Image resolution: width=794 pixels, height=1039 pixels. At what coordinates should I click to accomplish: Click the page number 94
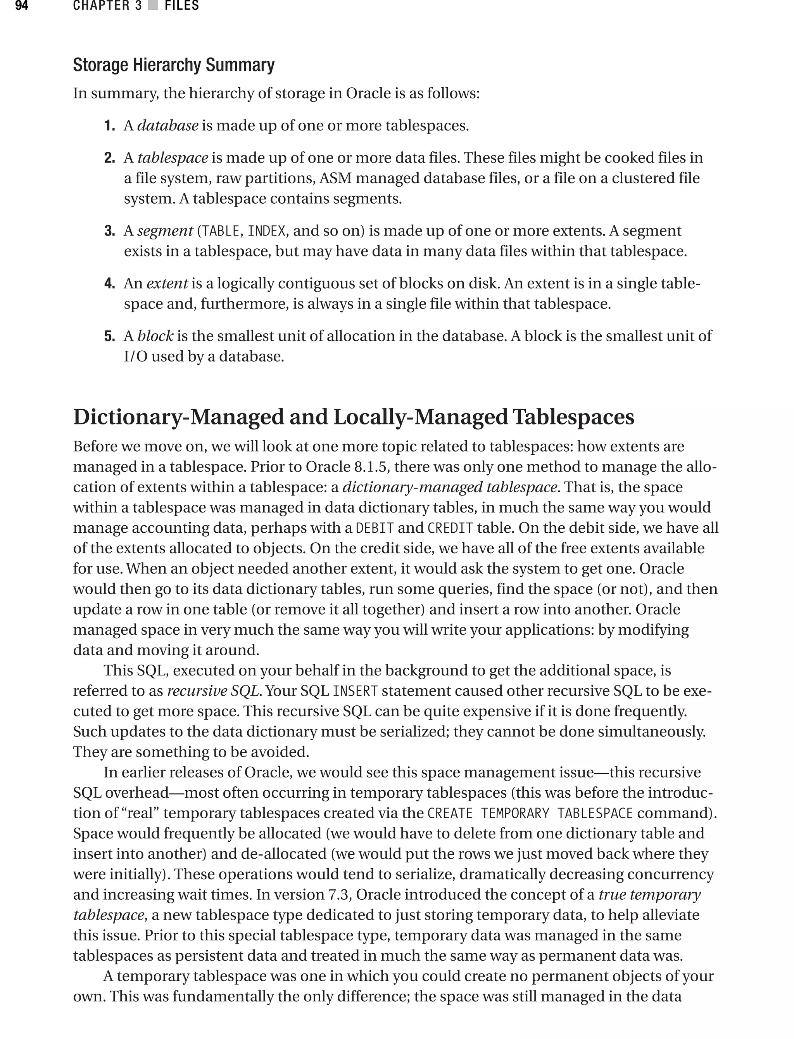(22, 6)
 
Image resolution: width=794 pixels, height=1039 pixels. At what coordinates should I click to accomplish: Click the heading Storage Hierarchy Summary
(173, 65)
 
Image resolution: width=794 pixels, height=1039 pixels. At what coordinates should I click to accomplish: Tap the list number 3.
(110, 231)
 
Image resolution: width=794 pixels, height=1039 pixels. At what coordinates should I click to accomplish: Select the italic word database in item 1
(167, 126)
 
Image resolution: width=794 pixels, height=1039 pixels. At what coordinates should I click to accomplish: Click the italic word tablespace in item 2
(173, 158)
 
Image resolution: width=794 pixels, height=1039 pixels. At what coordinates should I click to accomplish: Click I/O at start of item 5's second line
(136, 357)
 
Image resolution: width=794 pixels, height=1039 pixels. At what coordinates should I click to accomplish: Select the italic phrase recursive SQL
(213, 691)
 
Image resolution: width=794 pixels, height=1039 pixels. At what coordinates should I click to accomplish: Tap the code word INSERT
(355, 691)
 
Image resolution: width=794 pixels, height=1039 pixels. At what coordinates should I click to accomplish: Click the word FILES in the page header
(181, 6)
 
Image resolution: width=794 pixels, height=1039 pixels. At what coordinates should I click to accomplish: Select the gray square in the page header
(153, 6)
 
